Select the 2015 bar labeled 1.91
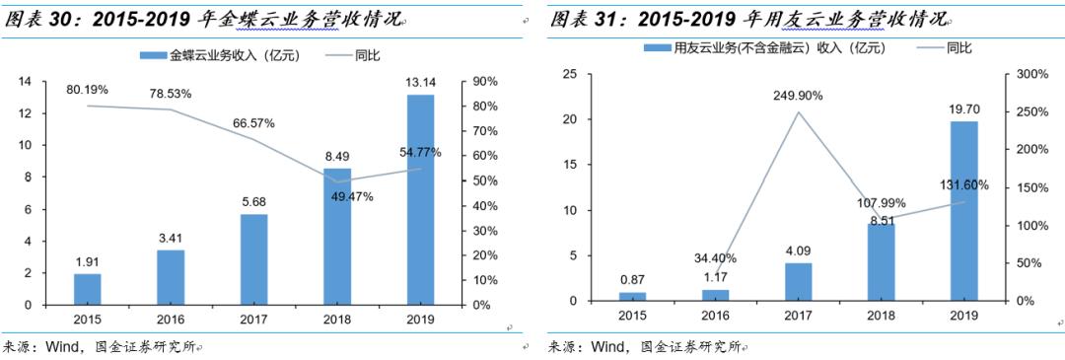(87, 289)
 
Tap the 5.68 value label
(253, 203)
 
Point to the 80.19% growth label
(87, 90)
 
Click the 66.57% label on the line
(253, 123)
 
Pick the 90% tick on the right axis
(483, 81)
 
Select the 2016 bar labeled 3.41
(171, 277)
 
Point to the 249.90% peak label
(798, 96)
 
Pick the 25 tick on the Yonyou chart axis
(570, 73)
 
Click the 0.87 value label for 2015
(632, 279)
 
